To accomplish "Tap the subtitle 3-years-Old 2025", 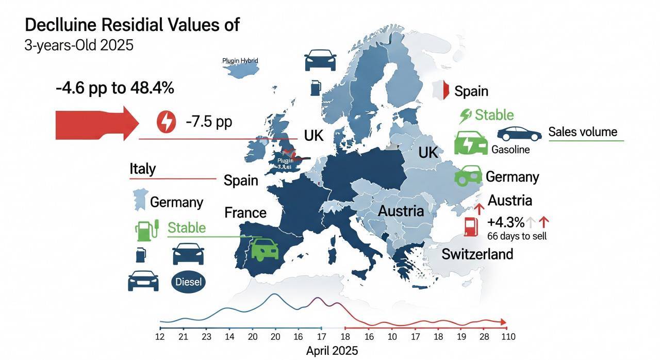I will click(79, 45).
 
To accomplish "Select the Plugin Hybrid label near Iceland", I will click(240, 60).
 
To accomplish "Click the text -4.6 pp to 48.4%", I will click(114, 88).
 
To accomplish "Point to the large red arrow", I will click(95, 123).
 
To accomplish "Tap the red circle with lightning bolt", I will click(166, 122).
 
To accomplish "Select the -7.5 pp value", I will click(209, 122).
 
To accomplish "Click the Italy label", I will click(142, 169).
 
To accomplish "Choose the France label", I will click(245, 212).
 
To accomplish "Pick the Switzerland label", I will click(477, 254).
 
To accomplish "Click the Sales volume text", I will click(583, 132).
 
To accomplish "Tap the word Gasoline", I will click(510, 150).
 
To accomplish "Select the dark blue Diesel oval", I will click(188, 282).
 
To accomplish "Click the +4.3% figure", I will click(505, 223).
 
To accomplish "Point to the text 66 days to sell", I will click(517, 236).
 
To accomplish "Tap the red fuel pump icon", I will click(470, 226).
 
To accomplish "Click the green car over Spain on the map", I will click(265, 249).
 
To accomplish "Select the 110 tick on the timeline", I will click(509, 337).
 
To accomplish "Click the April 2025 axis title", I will click(332, 351).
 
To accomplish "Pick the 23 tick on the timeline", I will click(206, 337).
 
